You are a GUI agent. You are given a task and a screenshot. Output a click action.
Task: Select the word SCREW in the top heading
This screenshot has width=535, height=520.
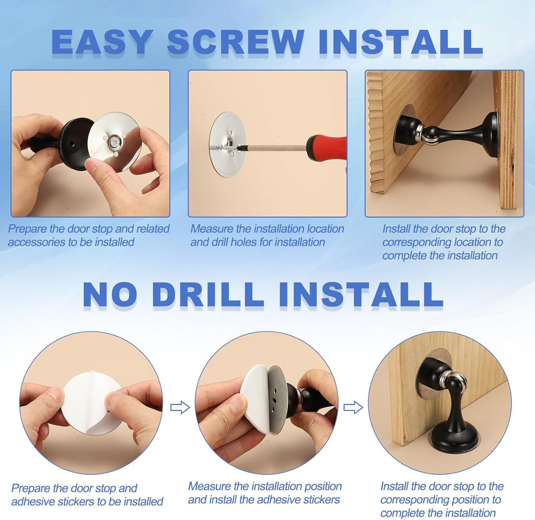click(x=236, y=42)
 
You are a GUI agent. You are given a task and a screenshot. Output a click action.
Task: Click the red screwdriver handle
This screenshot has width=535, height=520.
click(x=327, y=148)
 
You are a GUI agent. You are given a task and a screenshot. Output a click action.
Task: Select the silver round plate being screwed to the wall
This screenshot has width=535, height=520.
click(x=227, y=144)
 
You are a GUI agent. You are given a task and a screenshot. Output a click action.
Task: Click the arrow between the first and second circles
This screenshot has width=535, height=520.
click(x=180, y=407)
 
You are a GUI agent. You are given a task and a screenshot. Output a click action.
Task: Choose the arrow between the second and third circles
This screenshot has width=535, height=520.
click(x=353, y=407)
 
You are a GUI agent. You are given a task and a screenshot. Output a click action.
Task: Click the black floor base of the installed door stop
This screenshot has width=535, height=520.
click(x=453, y=439)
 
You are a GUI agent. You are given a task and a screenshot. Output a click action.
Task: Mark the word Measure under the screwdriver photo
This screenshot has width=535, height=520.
click(x=212, y=229)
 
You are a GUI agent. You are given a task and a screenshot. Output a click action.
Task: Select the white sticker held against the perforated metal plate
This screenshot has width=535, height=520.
click(x=256, y=397)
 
